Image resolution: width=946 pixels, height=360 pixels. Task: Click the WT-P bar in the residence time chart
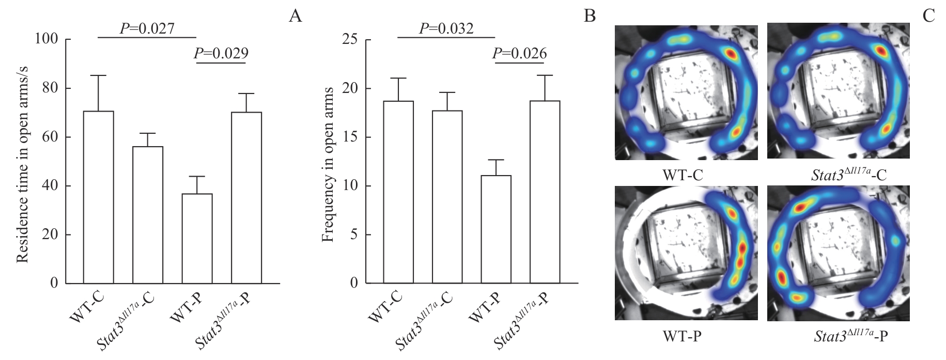pyautogui.click(x=197, y=238)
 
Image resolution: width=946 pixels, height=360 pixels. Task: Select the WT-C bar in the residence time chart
pyautogui.click(x=98, y=197)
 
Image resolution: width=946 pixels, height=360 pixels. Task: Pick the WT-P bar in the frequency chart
pyautogui.click(x=496, y=229)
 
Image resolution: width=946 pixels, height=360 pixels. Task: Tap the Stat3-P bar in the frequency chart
pyautogui.click(x=545, y=192)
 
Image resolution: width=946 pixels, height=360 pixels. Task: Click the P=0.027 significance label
pyautogui.click(x=147, y=28)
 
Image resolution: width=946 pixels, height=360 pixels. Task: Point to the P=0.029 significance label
pyautogui.click(x=221, y=53)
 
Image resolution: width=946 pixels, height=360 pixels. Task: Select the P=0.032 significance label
pyautogui.click(x=446, y=28)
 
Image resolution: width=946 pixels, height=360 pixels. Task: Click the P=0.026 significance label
pyautogui.click(x=519, y=53)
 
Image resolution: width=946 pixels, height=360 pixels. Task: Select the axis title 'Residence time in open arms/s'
pyautogui.click(x=22, y=161)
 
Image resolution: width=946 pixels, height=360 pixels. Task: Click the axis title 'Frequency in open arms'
pyautogui.click(x=327, y=164)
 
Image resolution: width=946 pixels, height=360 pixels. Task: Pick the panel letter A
pyautogui.click(x=295, y=17)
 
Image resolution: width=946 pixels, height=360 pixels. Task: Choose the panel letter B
pyautogui.click(x=590, y=17)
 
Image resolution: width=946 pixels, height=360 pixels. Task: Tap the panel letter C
pyautogui.click(x=928, y=17)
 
